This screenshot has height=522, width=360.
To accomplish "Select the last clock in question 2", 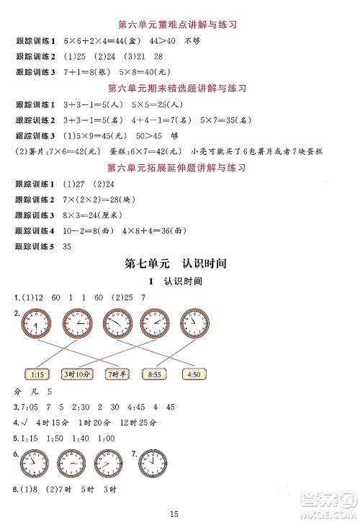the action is (x=192, y=321).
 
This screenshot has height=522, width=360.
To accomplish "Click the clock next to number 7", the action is (x=153, y=461).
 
